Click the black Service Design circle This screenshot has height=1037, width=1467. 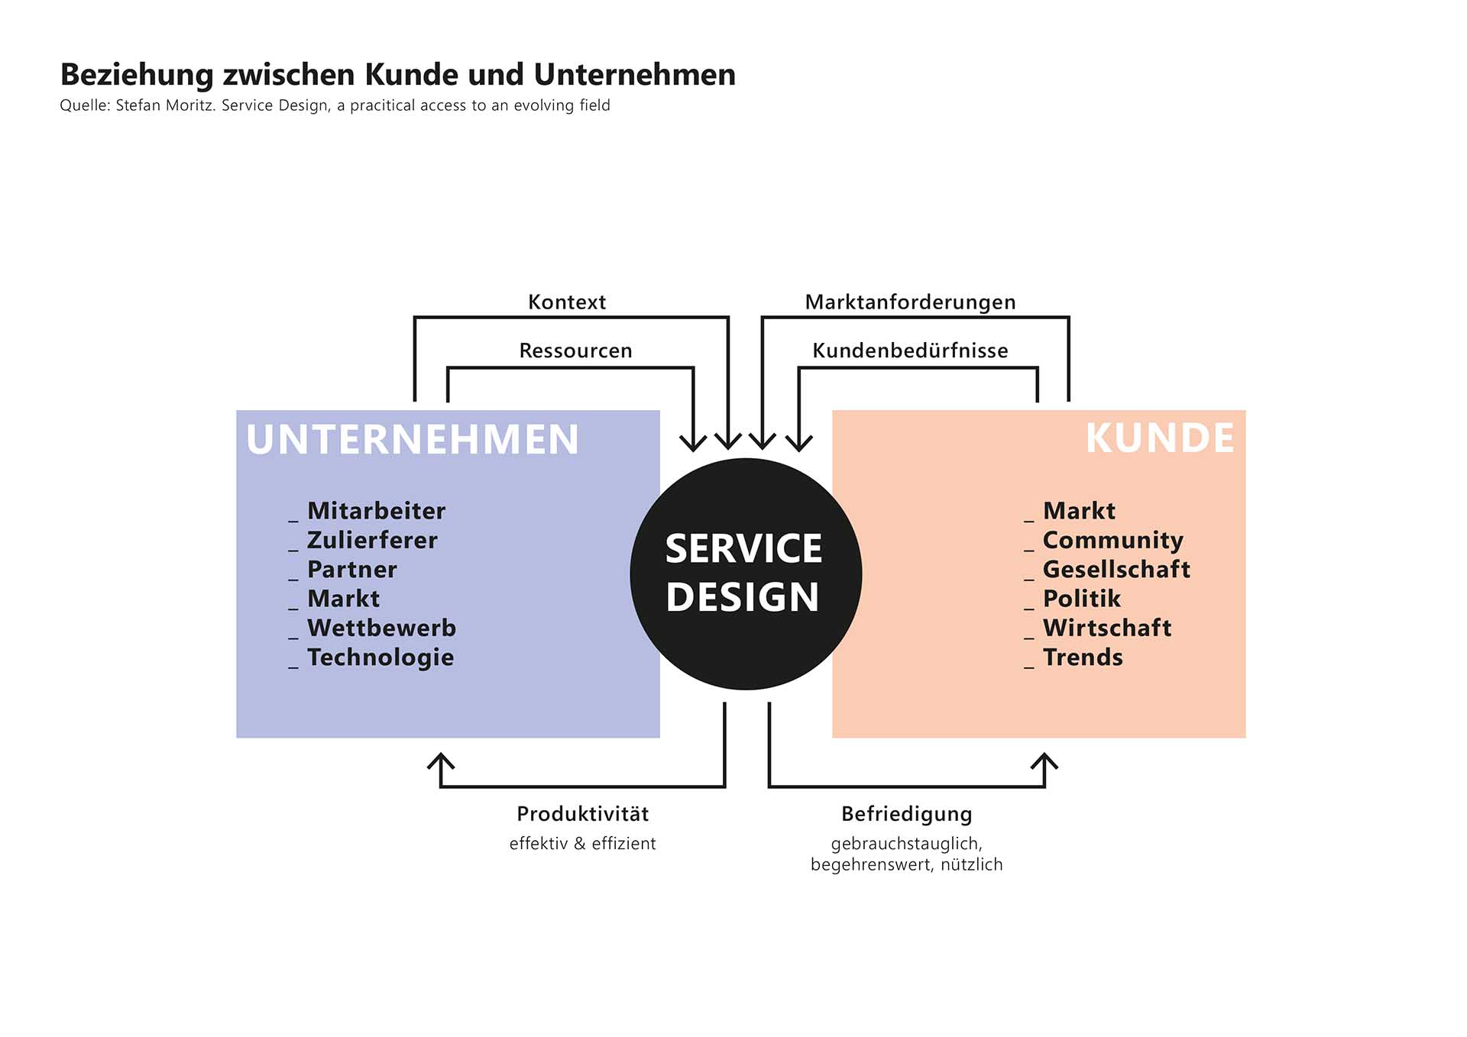(x=745, y=574)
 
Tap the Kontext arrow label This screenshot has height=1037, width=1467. (x=566, y=302)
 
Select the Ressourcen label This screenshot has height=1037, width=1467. (x=575, y=351)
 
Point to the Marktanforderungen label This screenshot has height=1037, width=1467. (x=910, y=302)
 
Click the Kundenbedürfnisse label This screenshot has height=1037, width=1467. (x=910, y=351)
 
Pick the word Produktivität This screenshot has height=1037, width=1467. (x=582, y=814)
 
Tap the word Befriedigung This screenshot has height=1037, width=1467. (x=906, y=814)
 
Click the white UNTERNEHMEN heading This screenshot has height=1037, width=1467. (x=413, y=440)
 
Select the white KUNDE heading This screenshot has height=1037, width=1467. (x=1159, y=438)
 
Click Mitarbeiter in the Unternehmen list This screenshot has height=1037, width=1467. (x=376, y=511)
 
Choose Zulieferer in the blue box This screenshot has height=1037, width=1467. (x=372, y=541)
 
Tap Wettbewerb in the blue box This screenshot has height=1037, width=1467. (x=381, y=628)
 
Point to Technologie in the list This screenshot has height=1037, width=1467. (x=381, y=657)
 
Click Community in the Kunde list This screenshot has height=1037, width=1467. (x=1112, y=541)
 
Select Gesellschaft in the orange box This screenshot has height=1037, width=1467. (x=1116, y=570)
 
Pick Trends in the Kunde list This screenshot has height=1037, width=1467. (x=1083, y=657)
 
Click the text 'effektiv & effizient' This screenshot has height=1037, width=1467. (x=582, y=844)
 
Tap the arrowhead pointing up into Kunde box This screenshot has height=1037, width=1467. (x=1044, y=761)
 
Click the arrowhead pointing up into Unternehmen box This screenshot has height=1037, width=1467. (x=441, y=761)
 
